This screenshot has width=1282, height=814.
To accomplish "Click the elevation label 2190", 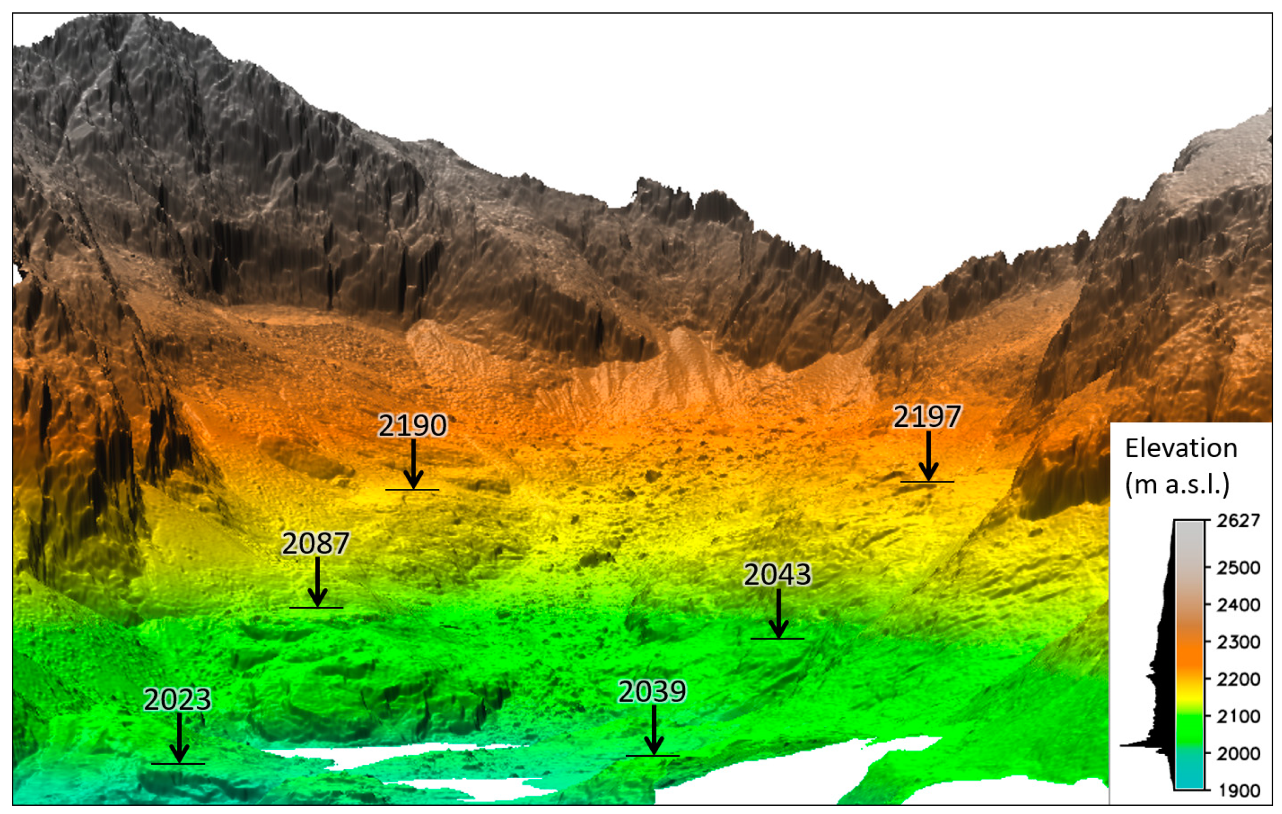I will click(412, 426).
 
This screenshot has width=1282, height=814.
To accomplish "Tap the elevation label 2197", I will click(927, 417).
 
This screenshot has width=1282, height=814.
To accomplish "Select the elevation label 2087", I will click(316, 543).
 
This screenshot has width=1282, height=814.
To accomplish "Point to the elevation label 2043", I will click(777, 575).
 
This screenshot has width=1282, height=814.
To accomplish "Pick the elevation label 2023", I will click(177, 700).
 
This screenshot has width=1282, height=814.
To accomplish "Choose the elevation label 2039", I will click(652, 692).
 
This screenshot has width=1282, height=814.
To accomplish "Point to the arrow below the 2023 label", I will click(179, 738).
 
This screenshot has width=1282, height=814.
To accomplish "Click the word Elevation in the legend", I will click(1181, 448).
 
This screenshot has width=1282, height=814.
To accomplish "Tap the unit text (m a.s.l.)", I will click(1177, 485).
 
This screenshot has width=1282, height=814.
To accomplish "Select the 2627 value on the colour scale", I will click(1238, 520).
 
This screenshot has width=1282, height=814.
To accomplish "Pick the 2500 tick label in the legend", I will click(1238, 567).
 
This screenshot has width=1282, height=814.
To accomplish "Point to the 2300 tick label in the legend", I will click(1238, 642).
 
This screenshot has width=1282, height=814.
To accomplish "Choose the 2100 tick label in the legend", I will click(1238, 716).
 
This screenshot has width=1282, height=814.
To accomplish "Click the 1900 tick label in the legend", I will click(1238, 790).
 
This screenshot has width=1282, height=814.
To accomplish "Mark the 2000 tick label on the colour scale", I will click(1238, 754).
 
